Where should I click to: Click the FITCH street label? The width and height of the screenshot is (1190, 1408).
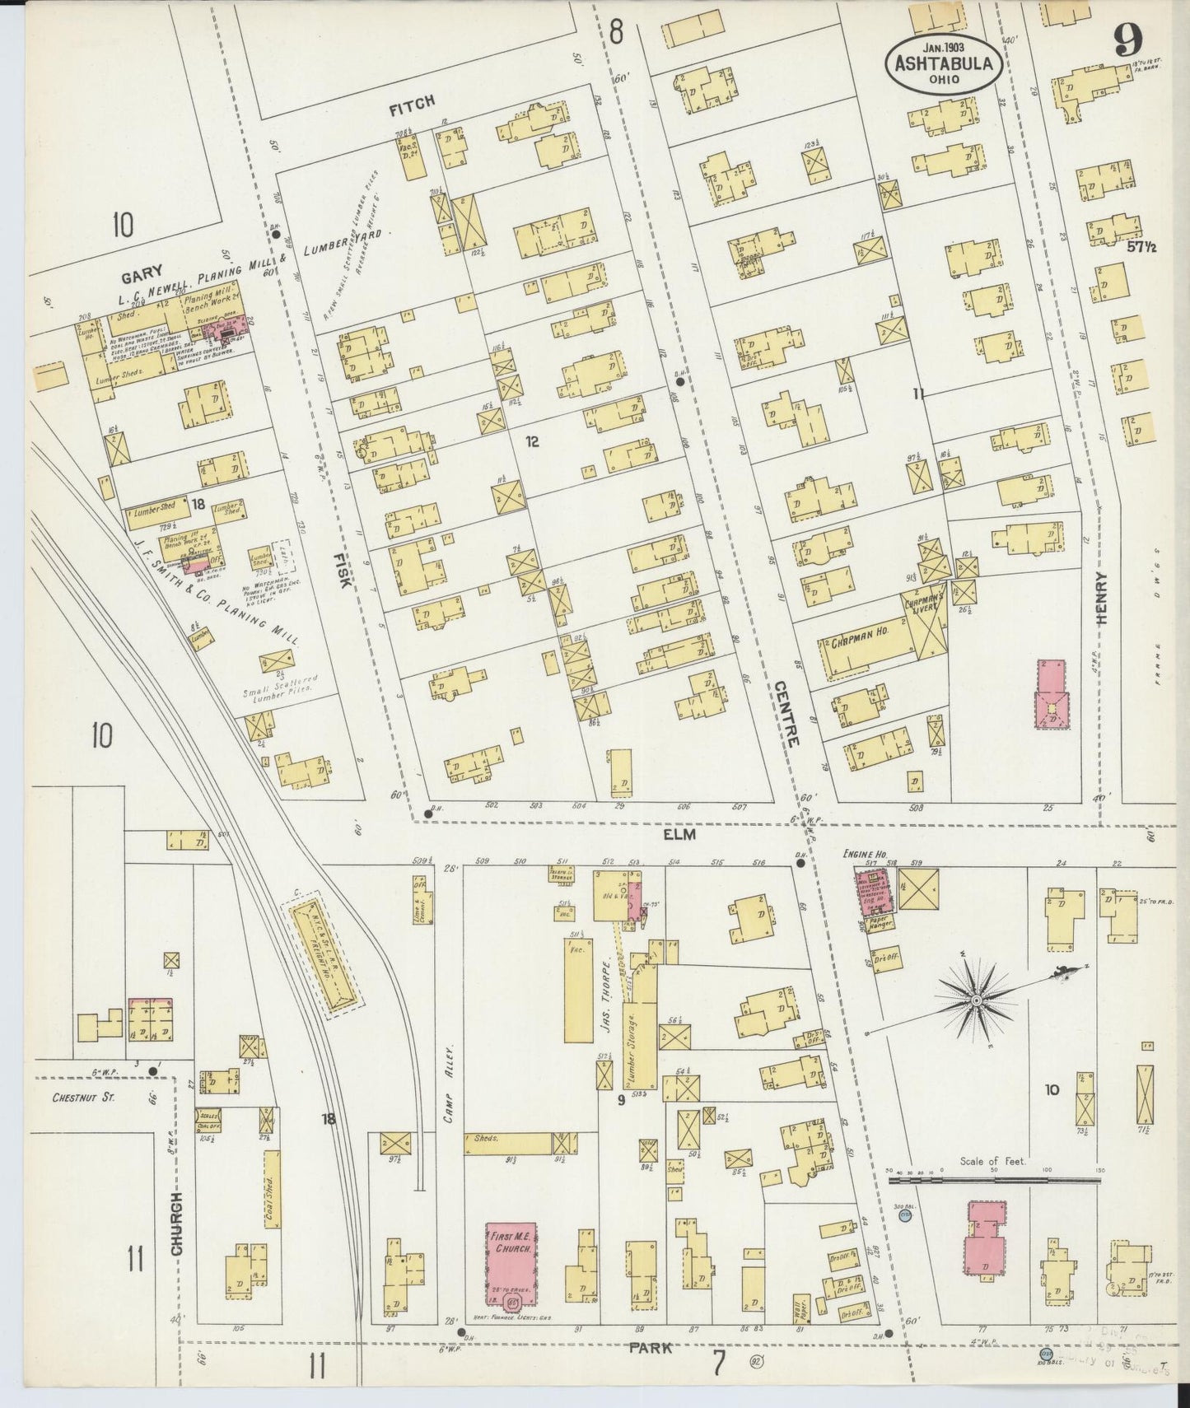click(412, 100)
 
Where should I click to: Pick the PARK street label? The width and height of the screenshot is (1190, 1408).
click(651, 1349)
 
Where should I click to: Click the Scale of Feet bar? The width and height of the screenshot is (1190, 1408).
click(994, 1182)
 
